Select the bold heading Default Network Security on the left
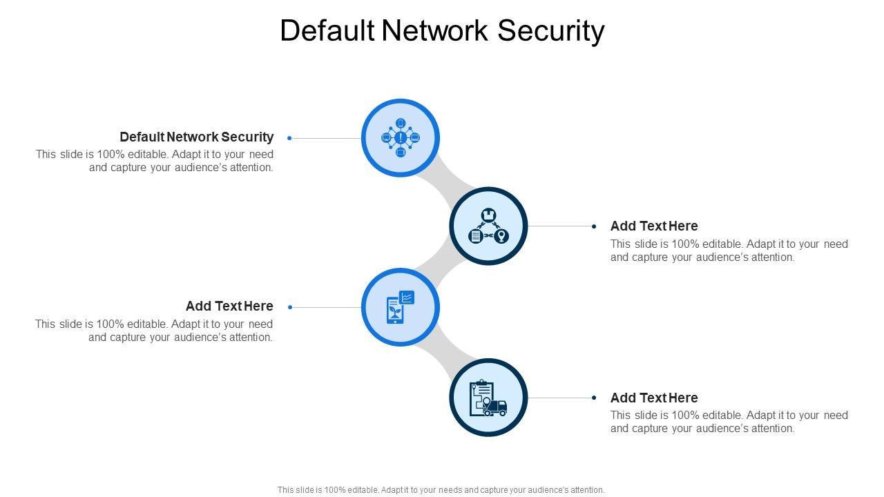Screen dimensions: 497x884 point(196,137)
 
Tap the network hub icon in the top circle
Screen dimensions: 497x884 point(401,138)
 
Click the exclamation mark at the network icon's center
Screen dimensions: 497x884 point(401,138)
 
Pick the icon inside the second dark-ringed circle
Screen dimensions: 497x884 point(488,226)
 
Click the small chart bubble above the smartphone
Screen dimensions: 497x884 point(407,298)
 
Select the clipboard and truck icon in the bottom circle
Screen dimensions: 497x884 point(488,398)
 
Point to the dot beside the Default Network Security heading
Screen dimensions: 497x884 point(289,138)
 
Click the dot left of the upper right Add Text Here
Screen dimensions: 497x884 point(594,226)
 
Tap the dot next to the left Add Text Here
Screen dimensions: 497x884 point(290,307)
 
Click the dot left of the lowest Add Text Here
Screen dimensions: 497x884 point(594,398)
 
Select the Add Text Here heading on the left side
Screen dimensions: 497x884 point(229,306)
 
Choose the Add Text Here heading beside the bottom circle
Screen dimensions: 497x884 point(654,398)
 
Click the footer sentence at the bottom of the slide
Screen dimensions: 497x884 point(441,490)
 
